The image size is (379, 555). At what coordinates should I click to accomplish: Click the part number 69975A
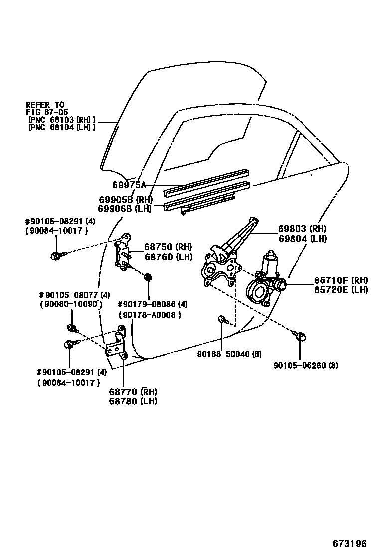[129, 185]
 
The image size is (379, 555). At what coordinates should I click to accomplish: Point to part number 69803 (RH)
[303, 229]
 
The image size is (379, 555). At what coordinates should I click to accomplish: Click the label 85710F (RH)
[341, 280]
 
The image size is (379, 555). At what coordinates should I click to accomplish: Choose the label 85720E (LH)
[341, 289]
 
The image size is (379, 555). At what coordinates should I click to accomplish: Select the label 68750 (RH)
[168, 247]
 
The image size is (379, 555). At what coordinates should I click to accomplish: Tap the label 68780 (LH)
[132, 401]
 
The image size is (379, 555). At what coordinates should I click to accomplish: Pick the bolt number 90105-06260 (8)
[306, 365]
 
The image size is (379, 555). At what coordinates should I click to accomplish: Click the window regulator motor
[264, 284]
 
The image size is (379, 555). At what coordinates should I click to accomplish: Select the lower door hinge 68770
[118, 344]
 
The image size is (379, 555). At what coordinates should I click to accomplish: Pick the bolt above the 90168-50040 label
[222, 319]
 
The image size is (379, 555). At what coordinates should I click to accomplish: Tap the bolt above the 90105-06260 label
[299, 336]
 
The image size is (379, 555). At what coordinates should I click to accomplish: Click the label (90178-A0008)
[150, 315]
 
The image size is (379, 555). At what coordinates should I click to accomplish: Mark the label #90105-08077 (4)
[74, 294]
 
